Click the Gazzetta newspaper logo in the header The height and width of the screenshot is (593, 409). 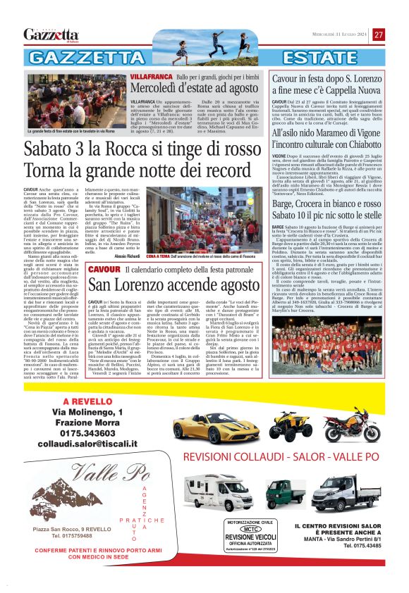point(51,35)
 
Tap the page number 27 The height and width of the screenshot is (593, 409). point(379,35)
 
